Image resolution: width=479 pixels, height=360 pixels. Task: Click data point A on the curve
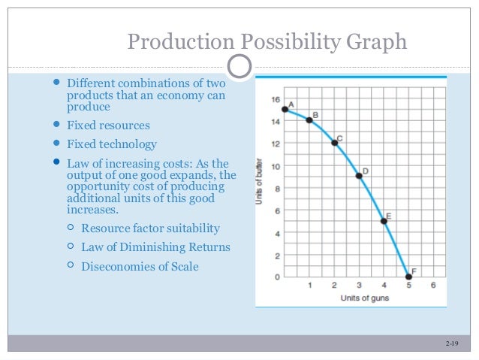click(x=285, y=110)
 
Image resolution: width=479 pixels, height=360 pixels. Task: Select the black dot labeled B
click(x=309, y=120)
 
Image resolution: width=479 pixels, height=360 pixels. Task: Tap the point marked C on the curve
click(x=334, y=143)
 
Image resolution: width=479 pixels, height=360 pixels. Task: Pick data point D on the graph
click(x=359, y=176)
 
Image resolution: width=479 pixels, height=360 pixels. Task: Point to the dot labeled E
click(x=384, y=221)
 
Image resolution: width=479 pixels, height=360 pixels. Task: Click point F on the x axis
click(x=408, y=277)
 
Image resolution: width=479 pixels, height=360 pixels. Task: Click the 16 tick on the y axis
click(x=276, y=99)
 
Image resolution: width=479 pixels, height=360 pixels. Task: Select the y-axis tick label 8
click(x=276, y=188)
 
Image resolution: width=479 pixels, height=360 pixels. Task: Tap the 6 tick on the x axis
click(x=433, y=286)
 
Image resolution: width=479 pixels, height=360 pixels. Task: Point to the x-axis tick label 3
click(x=359, y=286)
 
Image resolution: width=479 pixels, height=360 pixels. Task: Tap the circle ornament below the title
click(x=239, y=68)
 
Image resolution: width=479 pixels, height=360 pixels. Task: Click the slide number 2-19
click(x=451, y=343)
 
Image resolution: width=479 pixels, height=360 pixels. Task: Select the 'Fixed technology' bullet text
click(x=112, y=144)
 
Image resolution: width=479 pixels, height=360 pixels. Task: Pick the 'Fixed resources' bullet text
click(x=108, y=126)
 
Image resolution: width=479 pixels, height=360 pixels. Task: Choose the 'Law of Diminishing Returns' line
click(x=155, y=247)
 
